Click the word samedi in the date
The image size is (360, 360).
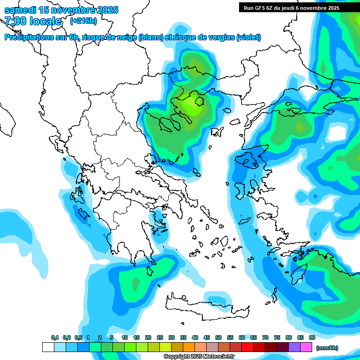[21, 10]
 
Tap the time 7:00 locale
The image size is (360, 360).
[33, 21]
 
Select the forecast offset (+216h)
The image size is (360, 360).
[83, 21]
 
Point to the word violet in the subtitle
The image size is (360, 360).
[248, 37]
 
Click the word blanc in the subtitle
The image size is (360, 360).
[151, 37]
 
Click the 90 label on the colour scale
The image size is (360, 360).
[312, 337]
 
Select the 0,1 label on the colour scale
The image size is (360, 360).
[54, 337]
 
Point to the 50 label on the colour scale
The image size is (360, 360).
[218, 337]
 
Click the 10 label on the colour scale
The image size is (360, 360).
[125, 337]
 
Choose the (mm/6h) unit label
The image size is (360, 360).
[327, 348]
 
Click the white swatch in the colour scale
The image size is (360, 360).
[48, 347]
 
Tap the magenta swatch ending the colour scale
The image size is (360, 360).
[306, 347]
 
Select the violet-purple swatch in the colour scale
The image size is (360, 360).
[294, 347]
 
